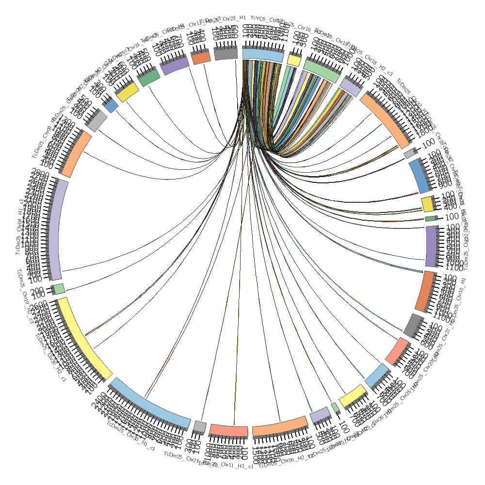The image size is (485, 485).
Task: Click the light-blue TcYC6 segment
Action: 262,54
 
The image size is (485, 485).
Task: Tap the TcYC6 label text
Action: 264,19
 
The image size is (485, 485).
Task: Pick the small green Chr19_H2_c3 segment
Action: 59,289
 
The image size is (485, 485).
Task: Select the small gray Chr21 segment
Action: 199,427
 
